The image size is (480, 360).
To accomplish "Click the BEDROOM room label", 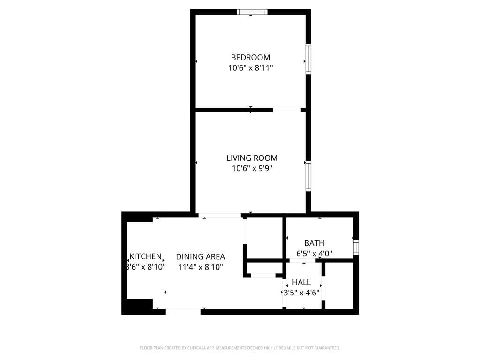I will click(x=250, y=57).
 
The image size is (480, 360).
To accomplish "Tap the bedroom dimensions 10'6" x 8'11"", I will click(x=250, y=68).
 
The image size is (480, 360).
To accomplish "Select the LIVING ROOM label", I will click(x=252, y=158).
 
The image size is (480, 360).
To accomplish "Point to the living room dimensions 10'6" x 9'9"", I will click(x=252, y=169).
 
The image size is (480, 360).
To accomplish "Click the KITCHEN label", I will click(x=145, y=256).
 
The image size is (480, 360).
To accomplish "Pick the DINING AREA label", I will click(x=200, y=256).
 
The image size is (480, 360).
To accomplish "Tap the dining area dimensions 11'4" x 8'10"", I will click(x=200, y=267).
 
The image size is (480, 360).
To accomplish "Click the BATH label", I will click(x=314, y=243).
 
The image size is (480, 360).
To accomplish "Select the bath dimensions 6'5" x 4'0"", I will click(x=314, y=254).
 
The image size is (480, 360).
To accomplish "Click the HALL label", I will click(x=301, y=282).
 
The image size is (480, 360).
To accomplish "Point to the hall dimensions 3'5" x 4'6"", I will click(x=301, y=293).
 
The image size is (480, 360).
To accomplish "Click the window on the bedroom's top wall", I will click(x=252, y=12).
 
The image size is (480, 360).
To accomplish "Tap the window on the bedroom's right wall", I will click(x=308, y=59).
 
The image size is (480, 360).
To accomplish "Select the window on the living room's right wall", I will click(x=308, y=176).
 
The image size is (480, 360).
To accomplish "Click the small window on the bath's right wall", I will click(x=356, y=247).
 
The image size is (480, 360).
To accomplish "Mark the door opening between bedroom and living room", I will click(x=287, y=110).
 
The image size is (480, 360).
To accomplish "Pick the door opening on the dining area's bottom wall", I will click(x=183, y=311).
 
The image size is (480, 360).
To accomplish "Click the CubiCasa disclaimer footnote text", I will click(x=240, y=348).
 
